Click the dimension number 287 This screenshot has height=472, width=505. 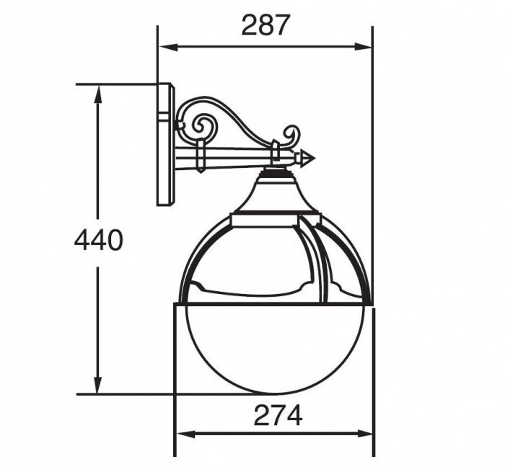point(264,25)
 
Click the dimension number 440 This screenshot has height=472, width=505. point(99,240)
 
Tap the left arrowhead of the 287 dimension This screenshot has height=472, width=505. point(169,48)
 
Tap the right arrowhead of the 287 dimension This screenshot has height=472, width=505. point(363,48)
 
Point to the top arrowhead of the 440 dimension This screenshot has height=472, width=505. point(98,94)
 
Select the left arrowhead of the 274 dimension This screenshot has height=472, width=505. point(186,434)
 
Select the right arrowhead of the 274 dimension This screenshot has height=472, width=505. point(364,434)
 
